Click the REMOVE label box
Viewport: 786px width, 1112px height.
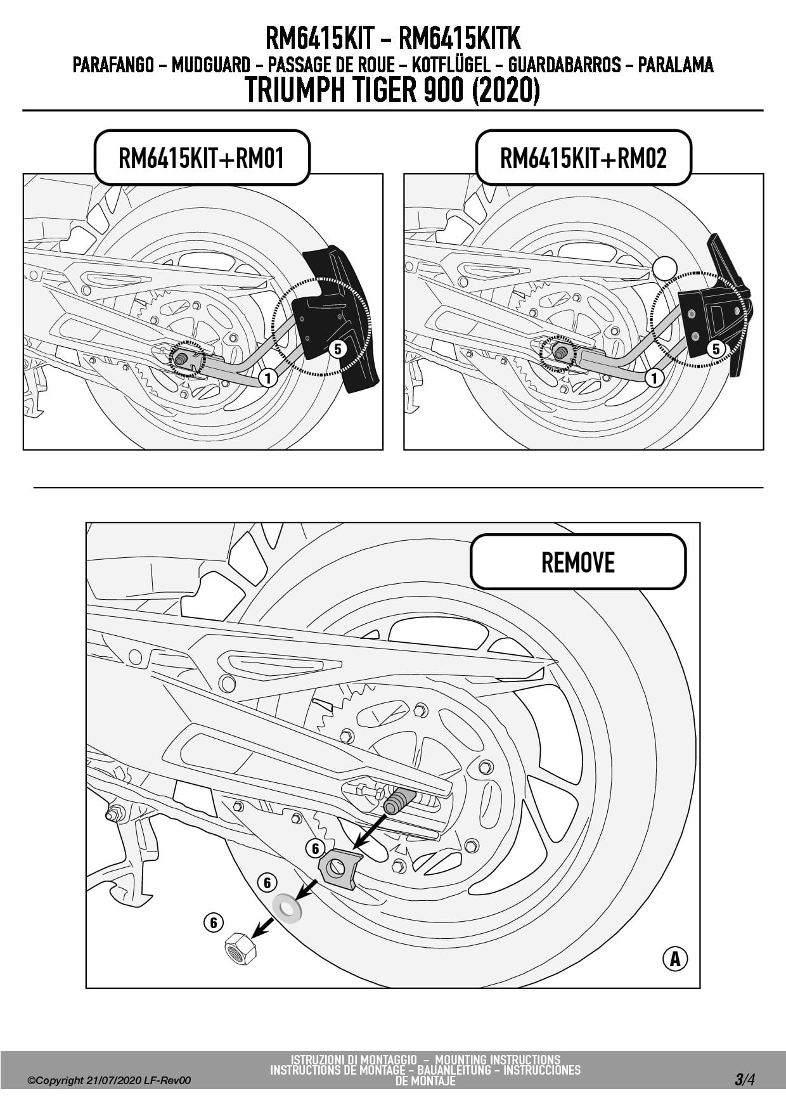click(x=577, y=562)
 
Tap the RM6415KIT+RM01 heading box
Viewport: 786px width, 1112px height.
click(x=202, y=158)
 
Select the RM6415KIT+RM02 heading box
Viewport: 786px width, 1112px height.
click(x=583, y=158)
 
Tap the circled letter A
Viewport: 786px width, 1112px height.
click(x=675, y=958)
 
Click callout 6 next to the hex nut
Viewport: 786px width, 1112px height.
click(x=214, y=922)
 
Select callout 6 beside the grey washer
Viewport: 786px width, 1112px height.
click(x=267, y=882)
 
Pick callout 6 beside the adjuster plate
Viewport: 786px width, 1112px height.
click(x=315, y=848)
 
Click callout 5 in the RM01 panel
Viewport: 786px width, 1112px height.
click(x=337, y=348)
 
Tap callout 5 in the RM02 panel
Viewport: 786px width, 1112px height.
click(x=716, y=348)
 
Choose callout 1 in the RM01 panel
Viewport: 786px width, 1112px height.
click(x=268, y=378)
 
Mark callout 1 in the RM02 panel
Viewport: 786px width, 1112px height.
click(x=654, y=378)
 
